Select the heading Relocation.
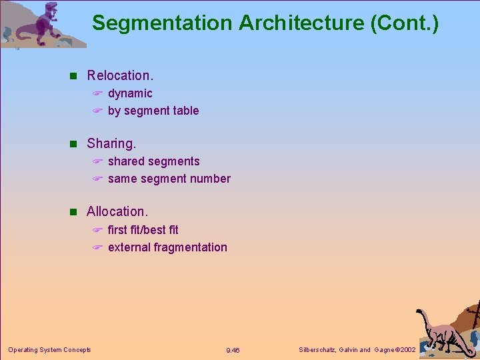(x=120, y=75)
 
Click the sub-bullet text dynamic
(x=130, y=93)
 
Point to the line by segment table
(x=153, y=111)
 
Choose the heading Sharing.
(x=111, y=143)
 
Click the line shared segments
(x=153, y=161)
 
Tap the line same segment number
(x=169, y=179)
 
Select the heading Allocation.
(x=117, y=211)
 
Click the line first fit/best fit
(x=143, y=230)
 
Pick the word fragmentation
(x=191, y=247)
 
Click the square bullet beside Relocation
(x=75, y=76)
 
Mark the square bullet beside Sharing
(x=75, y=144)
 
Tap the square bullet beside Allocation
(x=75, y=212)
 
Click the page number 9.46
(x=233, y=350)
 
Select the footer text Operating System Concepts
(x=49, y=349)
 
